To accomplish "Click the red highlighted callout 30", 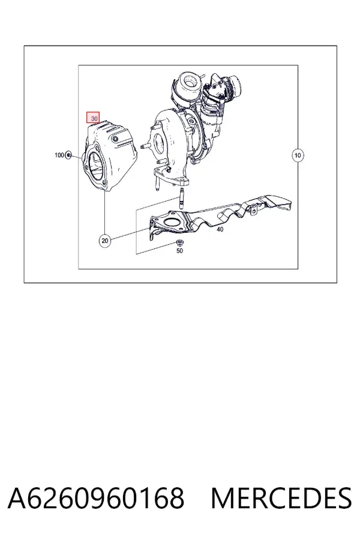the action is (93, 118).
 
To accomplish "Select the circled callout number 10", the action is (298, 155).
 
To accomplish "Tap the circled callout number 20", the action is (105, 241).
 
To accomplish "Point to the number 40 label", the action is (220, 229).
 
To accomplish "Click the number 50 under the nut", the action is (179, 251).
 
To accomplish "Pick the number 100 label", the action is (59, 155).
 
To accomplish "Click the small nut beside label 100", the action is (68, 155).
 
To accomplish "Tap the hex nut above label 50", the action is (179, 242).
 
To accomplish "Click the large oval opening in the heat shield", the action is (97, 166).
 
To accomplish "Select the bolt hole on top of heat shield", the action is (115, 139).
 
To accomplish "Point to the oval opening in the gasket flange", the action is (169, 221).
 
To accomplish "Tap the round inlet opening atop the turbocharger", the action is (189, 81).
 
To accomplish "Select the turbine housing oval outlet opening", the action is (160, 143).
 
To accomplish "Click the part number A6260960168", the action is (96, 498).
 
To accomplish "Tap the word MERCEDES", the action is (281, 498).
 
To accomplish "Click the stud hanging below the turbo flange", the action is (156, 182).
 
